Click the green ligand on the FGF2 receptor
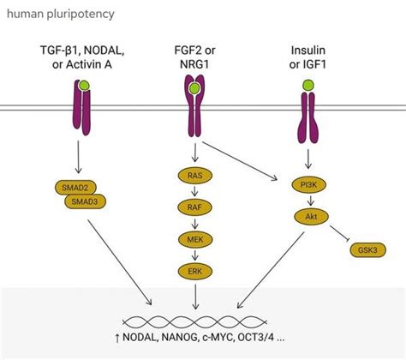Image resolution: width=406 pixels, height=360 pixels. [196, 87]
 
